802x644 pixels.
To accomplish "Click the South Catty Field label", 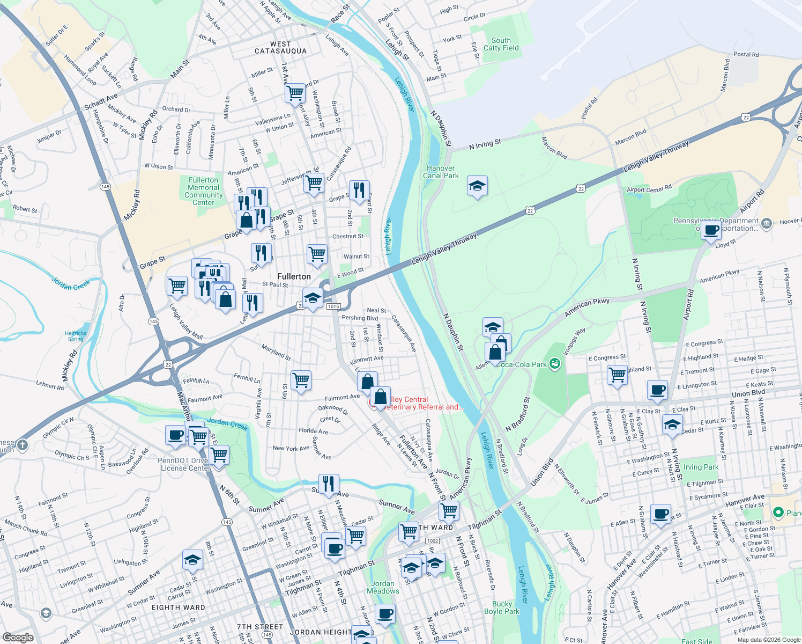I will point(501,44).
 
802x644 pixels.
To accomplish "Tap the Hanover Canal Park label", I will point(441,172).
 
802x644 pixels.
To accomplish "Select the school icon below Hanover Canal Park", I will point(477,186).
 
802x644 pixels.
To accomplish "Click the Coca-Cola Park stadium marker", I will point(555,364).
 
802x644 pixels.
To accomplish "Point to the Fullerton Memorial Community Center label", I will point(203,191).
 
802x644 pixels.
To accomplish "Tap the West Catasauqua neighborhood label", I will point(280,48).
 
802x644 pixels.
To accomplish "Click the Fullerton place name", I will point(294,276).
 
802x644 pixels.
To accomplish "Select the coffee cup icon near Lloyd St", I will point(711,231).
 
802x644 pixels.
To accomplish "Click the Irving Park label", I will point(701,467).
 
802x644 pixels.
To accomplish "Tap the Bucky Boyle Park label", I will point(502,608).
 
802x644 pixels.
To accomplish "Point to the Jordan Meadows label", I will point(383,587).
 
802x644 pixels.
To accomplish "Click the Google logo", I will point(18,637).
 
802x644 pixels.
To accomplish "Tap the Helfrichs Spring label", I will point(76,336).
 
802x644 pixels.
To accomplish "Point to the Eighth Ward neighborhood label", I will point(179,608).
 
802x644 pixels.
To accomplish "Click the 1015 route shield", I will point(333,306).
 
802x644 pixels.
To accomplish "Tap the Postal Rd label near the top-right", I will point(746,54).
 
